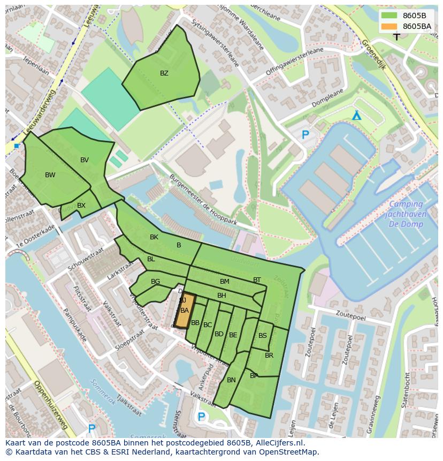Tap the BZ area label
[x=164, y=73]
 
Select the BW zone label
[x=50, y=175]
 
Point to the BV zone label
[x=85, y=160]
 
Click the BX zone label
[x=81, y=206]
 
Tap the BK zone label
[x=154, y=237]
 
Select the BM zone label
[x=224, y=282]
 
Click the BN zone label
[x=231, y=380]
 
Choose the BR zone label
[x=269, y=356]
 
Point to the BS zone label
[x=263, y=336]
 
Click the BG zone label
[x=156, y=282]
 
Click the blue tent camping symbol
[x=356, y=116]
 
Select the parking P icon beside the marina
[x=305, y=135]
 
